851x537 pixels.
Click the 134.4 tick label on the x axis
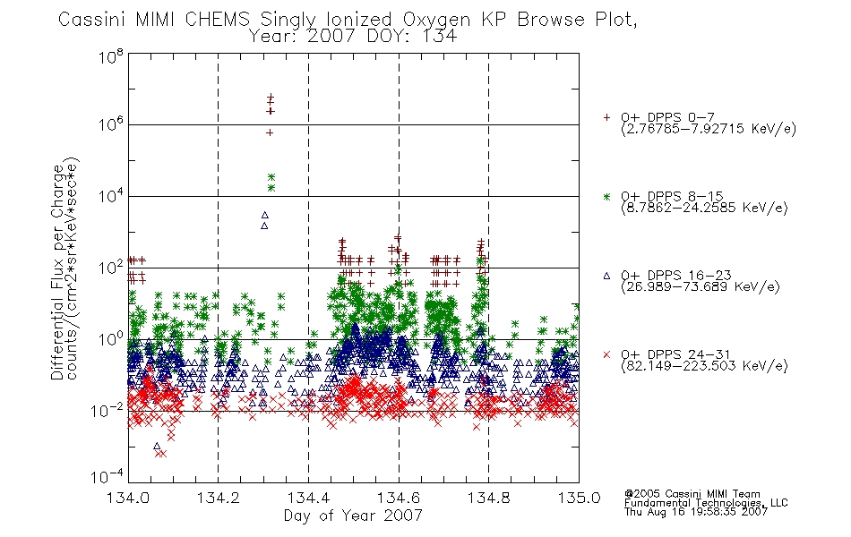click(308, 498)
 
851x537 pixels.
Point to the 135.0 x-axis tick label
click(579, 498)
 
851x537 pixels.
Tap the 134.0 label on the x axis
click(128, 498)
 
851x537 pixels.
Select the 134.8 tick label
click(488, 498)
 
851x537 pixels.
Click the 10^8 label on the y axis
click(111, 56)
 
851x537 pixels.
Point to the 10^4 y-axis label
click(111, 195)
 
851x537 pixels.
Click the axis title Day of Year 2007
click(353, 516)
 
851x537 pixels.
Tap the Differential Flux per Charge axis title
click(57, 272)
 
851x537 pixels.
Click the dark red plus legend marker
click(606, 117)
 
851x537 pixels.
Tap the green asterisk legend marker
click(606, 196)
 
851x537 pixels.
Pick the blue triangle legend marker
click(606, 276)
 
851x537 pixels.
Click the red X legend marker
click(606, 354)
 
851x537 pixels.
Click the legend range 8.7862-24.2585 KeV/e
click(704, 208)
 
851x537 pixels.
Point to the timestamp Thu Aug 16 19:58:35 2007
click(696, 512)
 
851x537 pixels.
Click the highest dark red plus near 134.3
click(271, 97)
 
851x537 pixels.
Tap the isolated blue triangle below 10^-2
click(157, 446)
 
